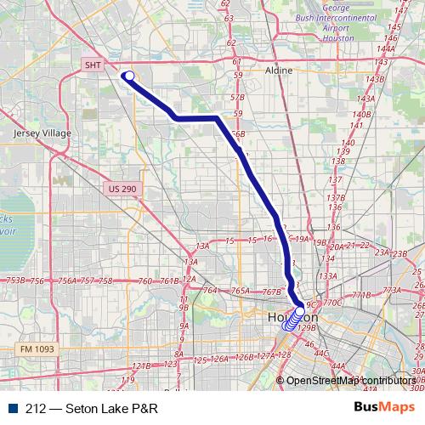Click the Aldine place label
click(x=279, y=71)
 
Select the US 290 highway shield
click(x=122, y=188)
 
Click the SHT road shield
click(x=93, y=65)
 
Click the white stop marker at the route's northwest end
click(x=129, y=76)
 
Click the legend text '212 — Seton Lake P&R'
click(x=88, y=407)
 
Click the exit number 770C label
click(x=332, y=302)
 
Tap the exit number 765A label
click(x=241, y=292)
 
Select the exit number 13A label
click(x=201, y=246)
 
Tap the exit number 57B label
click(x=237, y=98)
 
